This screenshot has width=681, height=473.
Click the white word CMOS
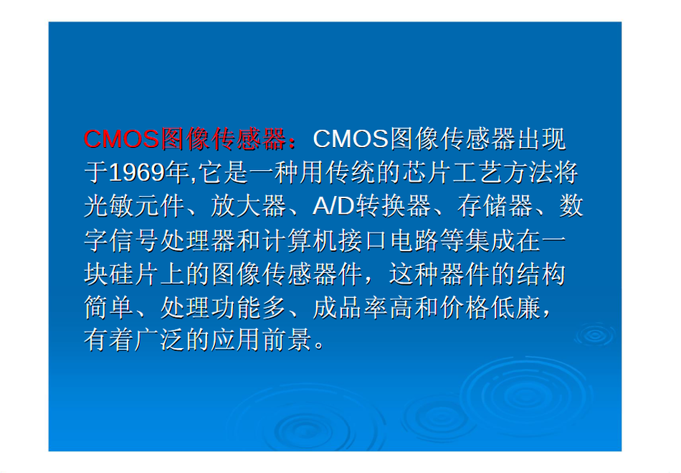point(351,139)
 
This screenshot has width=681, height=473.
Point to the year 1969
point(137,172)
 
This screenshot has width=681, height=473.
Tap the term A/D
point(333,206)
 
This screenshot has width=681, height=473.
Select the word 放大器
point(249,206)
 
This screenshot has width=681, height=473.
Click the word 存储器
point(495,206)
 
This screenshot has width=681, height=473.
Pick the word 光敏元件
point(134,206)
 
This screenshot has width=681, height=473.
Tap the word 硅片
point(122,274)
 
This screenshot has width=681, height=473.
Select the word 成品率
point(351,308)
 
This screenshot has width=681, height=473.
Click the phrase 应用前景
point(262,340)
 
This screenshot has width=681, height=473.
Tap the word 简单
point(109,308)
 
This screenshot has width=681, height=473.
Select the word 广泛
point(159,340)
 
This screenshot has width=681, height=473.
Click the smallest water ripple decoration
point(594,335)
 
